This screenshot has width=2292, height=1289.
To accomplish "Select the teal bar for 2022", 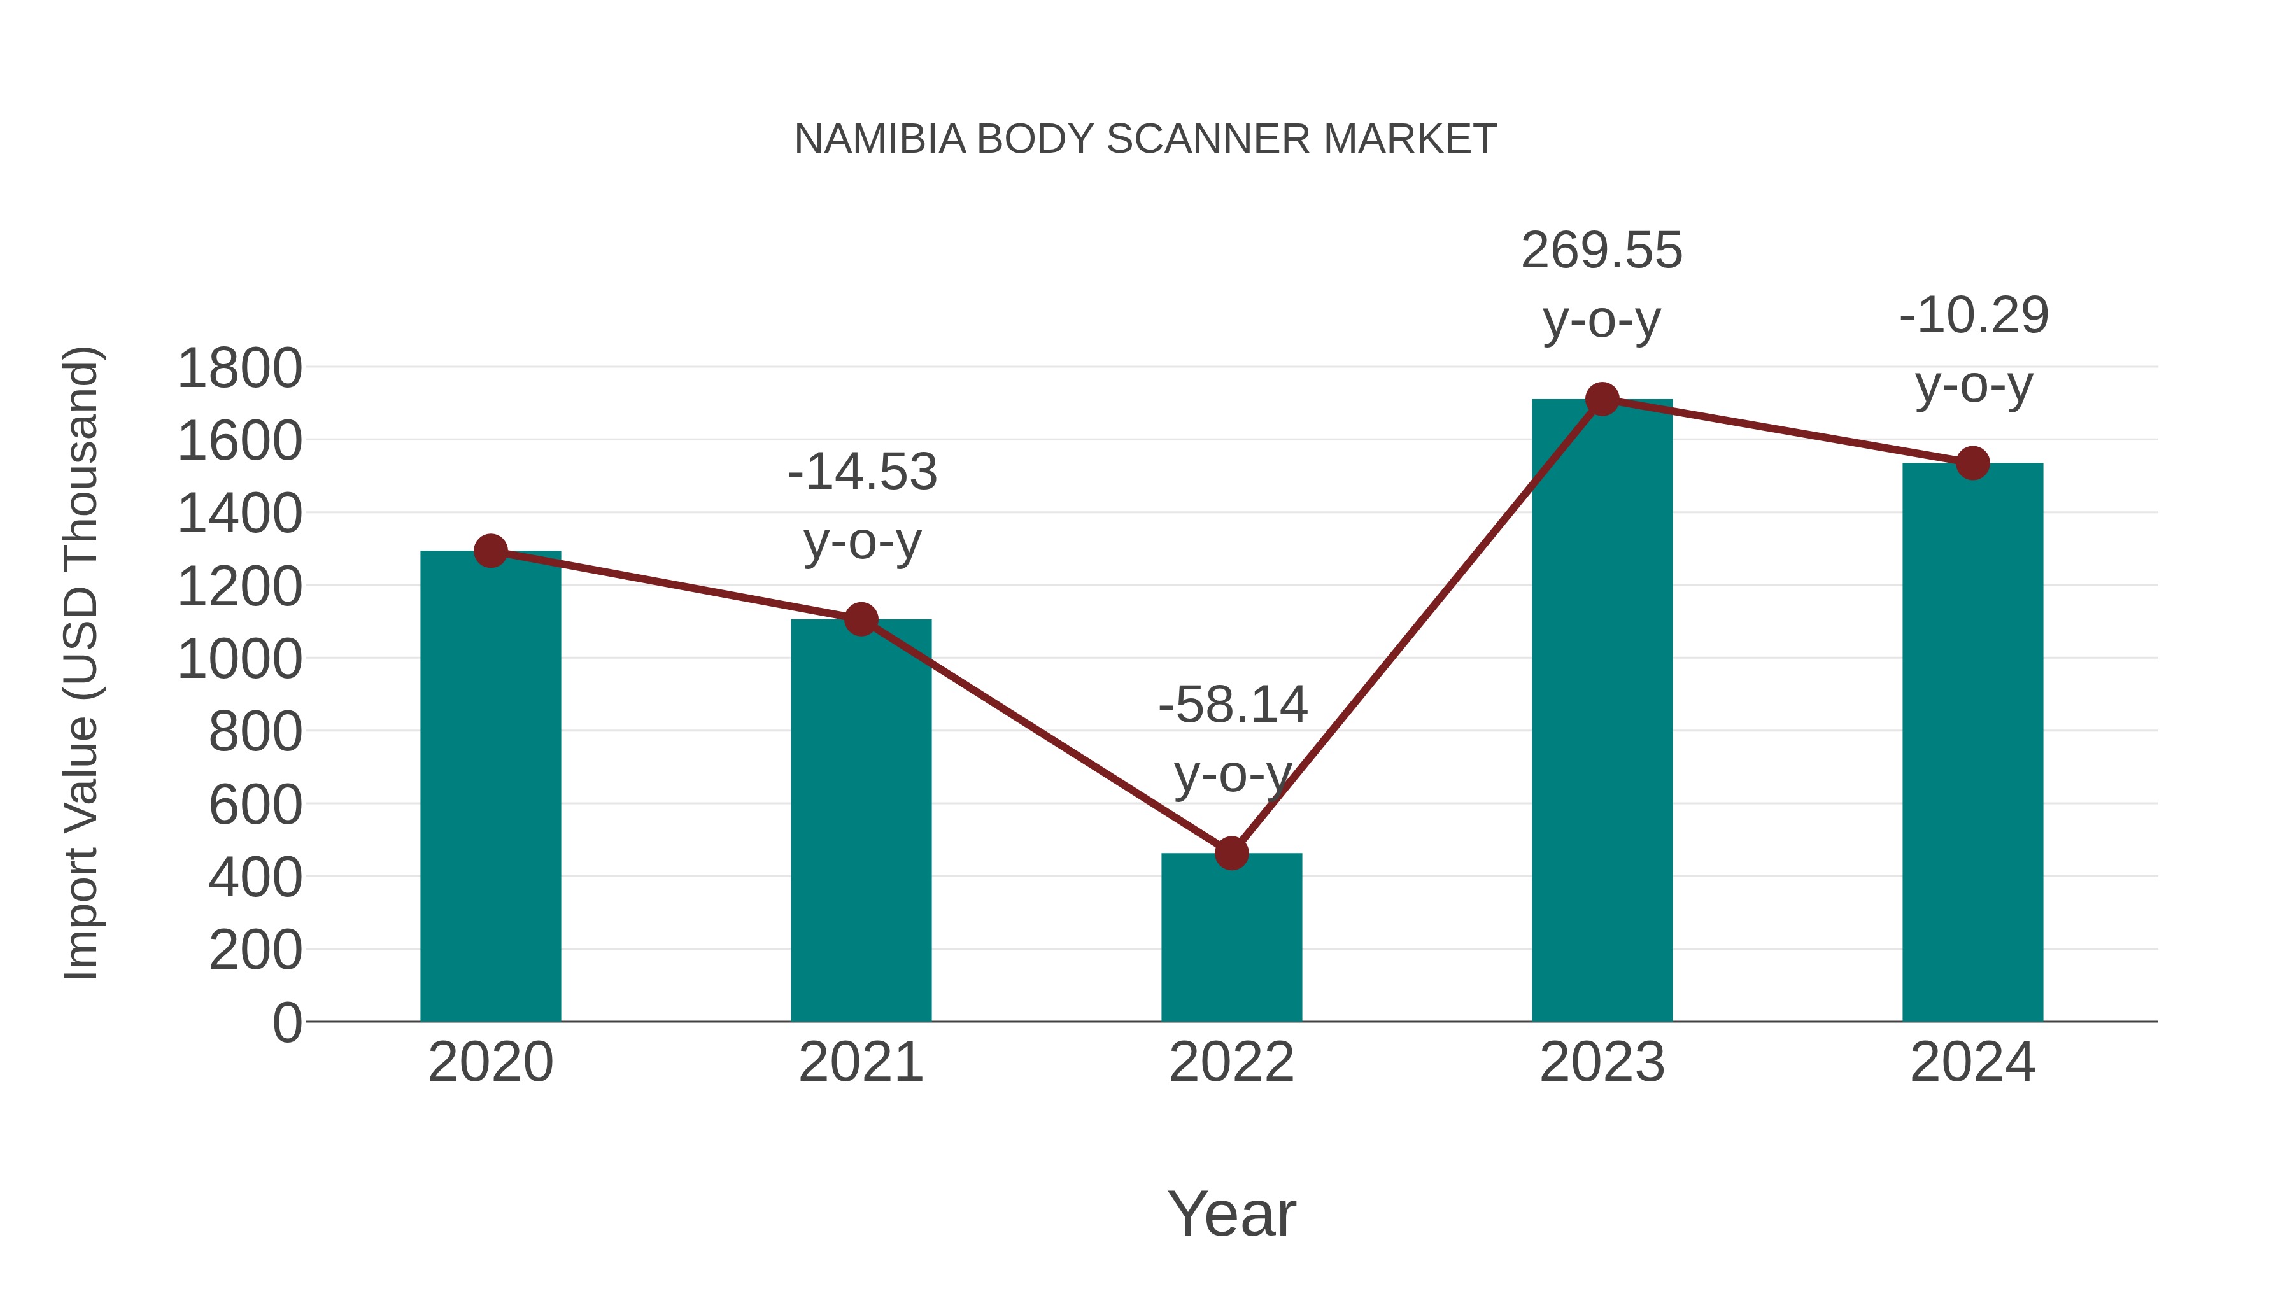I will [1231, 938].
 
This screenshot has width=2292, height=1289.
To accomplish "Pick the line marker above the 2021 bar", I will [860, 619].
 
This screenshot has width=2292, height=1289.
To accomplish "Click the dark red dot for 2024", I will [1972, 463].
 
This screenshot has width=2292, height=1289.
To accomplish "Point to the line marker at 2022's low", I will [1231, 853].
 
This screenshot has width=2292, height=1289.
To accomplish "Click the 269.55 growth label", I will [1602, 251].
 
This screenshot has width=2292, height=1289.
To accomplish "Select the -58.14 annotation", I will [1233, 705].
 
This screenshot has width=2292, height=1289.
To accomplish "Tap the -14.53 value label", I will [862, 472].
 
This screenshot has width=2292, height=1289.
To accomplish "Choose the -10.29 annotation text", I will [1974, 316].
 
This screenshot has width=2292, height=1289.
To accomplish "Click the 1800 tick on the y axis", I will [239, 369].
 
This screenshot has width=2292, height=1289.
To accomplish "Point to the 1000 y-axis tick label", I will [239, 660].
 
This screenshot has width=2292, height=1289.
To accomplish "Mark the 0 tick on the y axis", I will [286, 1023].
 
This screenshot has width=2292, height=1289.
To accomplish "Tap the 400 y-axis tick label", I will [255, 878].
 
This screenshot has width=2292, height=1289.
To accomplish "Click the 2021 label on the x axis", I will [860, 1062].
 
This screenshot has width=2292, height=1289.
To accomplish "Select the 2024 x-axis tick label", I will [1972, 1062].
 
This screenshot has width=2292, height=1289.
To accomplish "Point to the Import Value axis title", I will [80, 663].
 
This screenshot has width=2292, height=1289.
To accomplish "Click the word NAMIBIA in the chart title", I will [880, 139].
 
